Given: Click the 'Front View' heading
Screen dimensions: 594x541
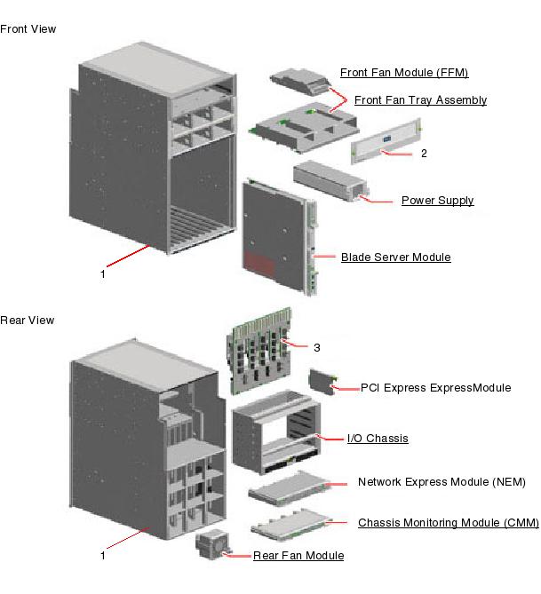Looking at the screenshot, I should click(28, 29).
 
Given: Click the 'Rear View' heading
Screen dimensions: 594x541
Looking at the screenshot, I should click(28, 321).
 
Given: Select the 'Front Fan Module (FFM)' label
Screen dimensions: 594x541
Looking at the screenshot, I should click(404, 73).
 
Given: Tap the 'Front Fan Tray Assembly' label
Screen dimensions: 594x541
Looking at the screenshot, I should click(420, 100).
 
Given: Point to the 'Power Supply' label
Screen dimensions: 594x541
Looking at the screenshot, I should click(437, 201).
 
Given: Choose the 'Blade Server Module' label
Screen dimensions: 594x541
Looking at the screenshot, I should click(395, 257).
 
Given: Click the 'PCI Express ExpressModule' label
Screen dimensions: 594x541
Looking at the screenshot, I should click(435, 388).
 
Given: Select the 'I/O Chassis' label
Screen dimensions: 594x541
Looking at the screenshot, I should click(378, 439).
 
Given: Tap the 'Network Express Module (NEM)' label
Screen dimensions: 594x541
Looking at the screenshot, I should click(442, 482).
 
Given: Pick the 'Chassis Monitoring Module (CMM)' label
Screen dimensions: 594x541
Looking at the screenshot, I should click(448, 523).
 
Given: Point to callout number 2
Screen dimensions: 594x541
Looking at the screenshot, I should click(424, 154).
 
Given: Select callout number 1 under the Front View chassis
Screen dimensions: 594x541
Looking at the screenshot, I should click(102, 274).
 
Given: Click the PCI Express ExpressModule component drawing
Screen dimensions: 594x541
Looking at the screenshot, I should click(319, 382).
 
